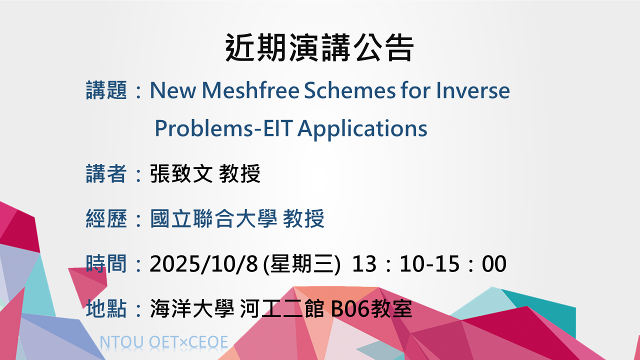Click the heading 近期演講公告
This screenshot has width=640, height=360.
pos(319,47)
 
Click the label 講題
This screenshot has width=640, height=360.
pos(106,90)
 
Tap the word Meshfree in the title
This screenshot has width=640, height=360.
pos(250,90)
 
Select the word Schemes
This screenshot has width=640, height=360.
pos(349,90)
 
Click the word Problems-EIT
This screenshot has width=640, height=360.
pos(223,128)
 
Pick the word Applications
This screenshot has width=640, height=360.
pos(362,129)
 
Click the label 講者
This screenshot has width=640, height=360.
pos(106,173)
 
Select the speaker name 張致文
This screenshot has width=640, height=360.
pos(181,173)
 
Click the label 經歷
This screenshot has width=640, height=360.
pos(106,218)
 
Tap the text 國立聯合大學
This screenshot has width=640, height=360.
pos(213,218)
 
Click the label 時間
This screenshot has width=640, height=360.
pos(106,263)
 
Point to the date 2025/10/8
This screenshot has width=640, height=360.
pos(203,263)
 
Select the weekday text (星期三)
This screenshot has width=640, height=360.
pos(301,264)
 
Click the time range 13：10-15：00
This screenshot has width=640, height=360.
pos(429,263)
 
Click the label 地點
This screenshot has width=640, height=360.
pos(106,308)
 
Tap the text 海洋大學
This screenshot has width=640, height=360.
pos(192,308)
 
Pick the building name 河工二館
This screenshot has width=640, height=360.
pos(282,308)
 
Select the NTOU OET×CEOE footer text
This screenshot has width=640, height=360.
pos(164,342)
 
